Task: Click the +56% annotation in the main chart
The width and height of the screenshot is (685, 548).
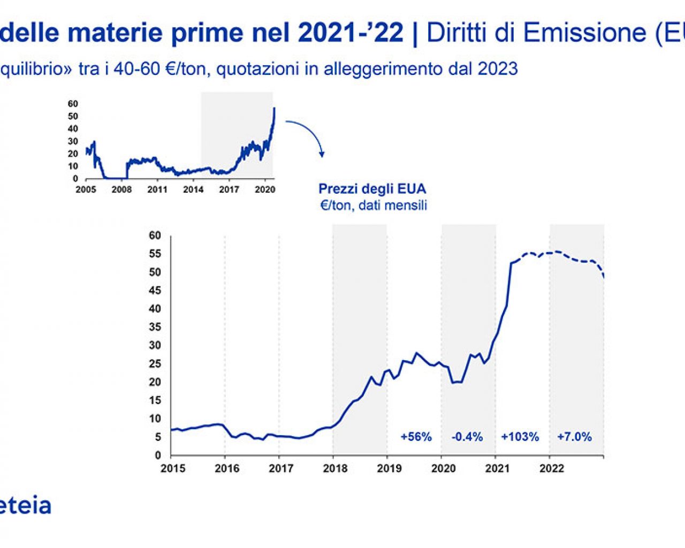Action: pyautogui.click(x=416, y=437)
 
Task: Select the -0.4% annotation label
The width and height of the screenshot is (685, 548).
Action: pyautogui.click(x=467, y=437)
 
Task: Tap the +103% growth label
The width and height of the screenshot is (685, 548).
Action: pyautogui.click(x=520, y=437)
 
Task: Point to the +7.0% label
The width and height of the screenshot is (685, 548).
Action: pyautogui.click(x=574, y=437)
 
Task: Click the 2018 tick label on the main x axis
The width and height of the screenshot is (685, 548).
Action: pyautogui.click(x=335, y=469)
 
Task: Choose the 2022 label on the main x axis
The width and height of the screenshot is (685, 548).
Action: pyautogui.click(x=552, y=469)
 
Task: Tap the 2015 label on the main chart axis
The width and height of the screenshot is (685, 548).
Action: pyautogui.click(x=173, y=469)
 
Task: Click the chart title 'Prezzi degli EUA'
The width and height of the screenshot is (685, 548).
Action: pyautogui.click(x=372, y=189)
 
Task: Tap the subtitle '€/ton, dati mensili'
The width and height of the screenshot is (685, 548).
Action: pyautogui.click(x=374, y=205)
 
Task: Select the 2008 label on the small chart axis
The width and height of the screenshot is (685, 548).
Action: pyautogui.click(x=121, y=189)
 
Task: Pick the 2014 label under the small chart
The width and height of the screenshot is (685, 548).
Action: pyautogui.click(x=193, y=189)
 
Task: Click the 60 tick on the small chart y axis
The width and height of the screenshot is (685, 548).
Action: pyautogui.click(x=73, y=104)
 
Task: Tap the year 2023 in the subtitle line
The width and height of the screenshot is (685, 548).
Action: pyautogui.click(x=498, y=69)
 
